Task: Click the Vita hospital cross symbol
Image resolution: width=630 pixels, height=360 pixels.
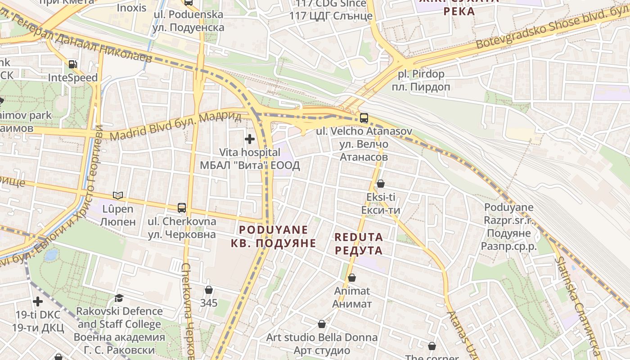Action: (x=250, y=139)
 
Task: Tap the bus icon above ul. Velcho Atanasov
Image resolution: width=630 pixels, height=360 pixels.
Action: (x=364, y=118)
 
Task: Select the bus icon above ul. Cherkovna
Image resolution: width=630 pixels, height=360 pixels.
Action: (x=182, y=208)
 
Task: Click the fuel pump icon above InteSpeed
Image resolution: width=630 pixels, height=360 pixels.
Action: (x=72, y=64)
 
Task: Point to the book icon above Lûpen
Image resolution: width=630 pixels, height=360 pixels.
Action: (x=117, y=195)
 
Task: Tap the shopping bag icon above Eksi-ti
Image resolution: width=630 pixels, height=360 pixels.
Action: (x=380, y=184)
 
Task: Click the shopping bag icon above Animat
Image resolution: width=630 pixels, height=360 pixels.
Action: (x=352, y=278)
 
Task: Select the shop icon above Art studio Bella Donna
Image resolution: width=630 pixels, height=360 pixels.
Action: (x=322, y=324)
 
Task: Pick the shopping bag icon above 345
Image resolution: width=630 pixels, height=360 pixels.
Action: (x=208, y=289)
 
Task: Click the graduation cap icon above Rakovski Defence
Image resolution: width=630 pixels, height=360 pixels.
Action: (x=119, y=298)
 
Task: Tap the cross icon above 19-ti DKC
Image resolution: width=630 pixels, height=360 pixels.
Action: (x=38, y=301)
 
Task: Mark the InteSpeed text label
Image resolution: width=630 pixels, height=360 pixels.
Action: (x=73, y=77)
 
